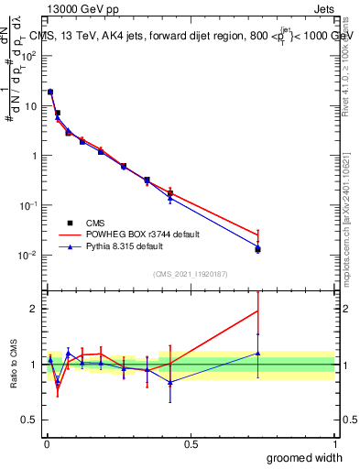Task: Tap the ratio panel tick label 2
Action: [33, 309]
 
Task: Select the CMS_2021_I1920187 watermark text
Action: [191, 274]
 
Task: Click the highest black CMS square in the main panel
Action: [50, 92]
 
